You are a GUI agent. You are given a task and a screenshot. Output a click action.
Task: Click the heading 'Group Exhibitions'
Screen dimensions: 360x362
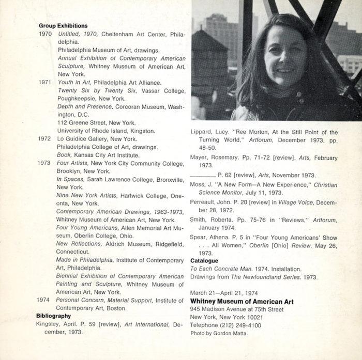(x=63, y=25)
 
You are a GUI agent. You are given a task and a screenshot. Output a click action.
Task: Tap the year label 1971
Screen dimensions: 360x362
(x=45, y=82)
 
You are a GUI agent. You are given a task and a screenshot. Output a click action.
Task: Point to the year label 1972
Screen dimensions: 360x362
(x=45, y=138)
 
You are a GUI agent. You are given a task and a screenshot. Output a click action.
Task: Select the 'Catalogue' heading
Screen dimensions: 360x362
(x=204, y=261)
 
